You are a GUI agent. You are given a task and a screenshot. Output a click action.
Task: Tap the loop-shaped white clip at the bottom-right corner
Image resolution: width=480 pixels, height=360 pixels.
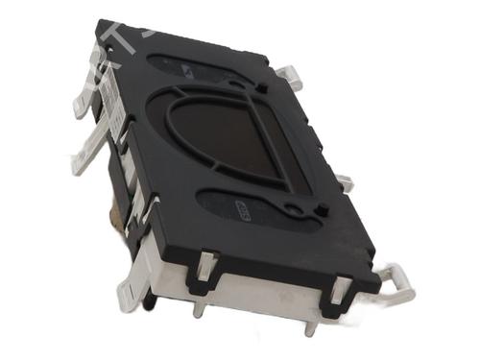(x=395, y=281)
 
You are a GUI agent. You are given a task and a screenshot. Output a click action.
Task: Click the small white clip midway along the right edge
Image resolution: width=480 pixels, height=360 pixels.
(x=343, y=181)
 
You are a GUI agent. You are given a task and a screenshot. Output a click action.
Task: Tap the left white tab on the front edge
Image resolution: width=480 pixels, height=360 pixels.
(x=205, y=268)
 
